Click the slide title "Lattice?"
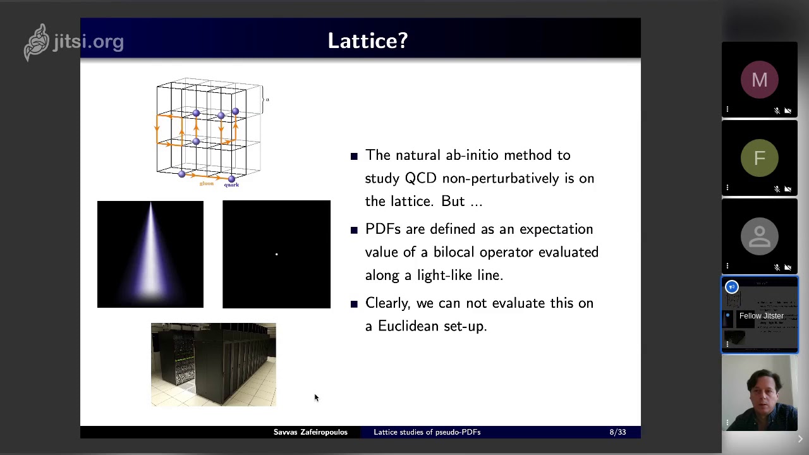(367, 41)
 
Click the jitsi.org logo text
(88, 42)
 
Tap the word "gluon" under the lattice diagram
(207, 184)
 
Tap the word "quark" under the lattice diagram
(231, 185)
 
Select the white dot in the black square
(276, 254)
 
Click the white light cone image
(150, 254)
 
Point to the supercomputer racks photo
(213, 365)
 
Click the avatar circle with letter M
(759, 80)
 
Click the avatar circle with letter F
(759, 158)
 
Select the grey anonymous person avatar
(759, 236)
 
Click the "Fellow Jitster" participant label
(761, 316)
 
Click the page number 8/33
(617, 432)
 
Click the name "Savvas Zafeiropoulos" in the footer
(310, 432)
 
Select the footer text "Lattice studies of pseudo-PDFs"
(427, 432)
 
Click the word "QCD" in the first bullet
(420, 178)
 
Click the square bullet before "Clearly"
(354, 303)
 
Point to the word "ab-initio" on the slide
(471, 155)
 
